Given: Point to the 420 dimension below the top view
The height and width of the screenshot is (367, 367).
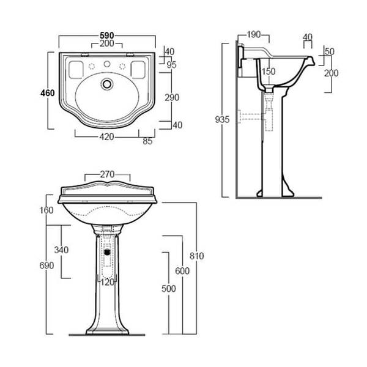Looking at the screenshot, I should point(107,137).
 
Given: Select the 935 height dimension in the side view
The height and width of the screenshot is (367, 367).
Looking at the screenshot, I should point(223,119).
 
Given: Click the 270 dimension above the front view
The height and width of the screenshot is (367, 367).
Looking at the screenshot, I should point(108,173).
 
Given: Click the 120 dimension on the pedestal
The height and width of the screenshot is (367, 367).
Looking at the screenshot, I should point(108,282).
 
